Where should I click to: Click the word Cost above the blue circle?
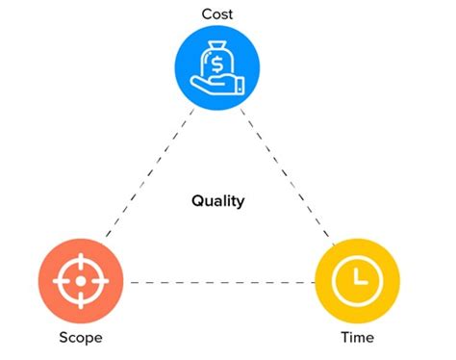pos(217,13)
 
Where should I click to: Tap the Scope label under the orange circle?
pos(81,338)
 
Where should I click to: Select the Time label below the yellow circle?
pos(357,338)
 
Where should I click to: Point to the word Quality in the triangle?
pos(217,201)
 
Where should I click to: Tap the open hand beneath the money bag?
pos(217,88)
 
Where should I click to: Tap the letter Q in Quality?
pos(196,201)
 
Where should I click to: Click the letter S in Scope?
pos(64,338)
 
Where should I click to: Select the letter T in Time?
pos(344,338)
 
